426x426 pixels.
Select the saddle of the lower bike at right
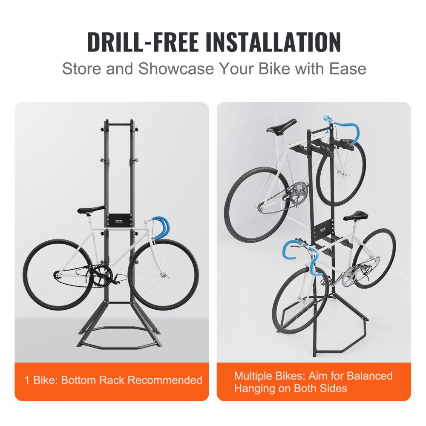point(356,215)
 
